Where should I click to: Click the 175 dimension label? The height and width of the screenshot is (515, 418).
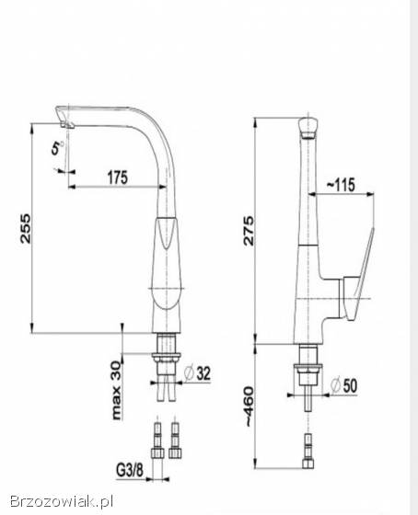(118, 177)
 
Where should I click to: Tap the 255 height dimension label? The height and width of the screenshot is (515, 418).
(26, 229)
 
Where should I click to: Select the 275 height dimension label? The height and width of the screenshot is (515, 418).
(249, 231)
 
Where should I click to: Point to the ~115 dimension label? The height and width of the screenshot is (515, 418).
(341, 185)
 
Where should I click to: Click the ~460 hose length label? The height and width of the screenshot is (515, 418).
(250, 406)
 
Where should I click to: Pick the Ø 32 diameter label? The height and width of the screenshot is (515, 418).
(197, 373)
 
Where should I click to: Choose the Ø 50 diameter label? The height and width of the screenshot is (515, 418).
(343, 385)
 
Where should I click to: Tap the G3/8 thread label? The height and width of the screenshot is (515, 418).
(130, 470)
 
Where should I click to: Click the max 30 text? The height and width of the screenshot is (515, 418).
(116, 390)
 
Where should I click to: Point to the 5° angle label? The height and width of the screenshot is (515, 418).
(57, 148)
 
